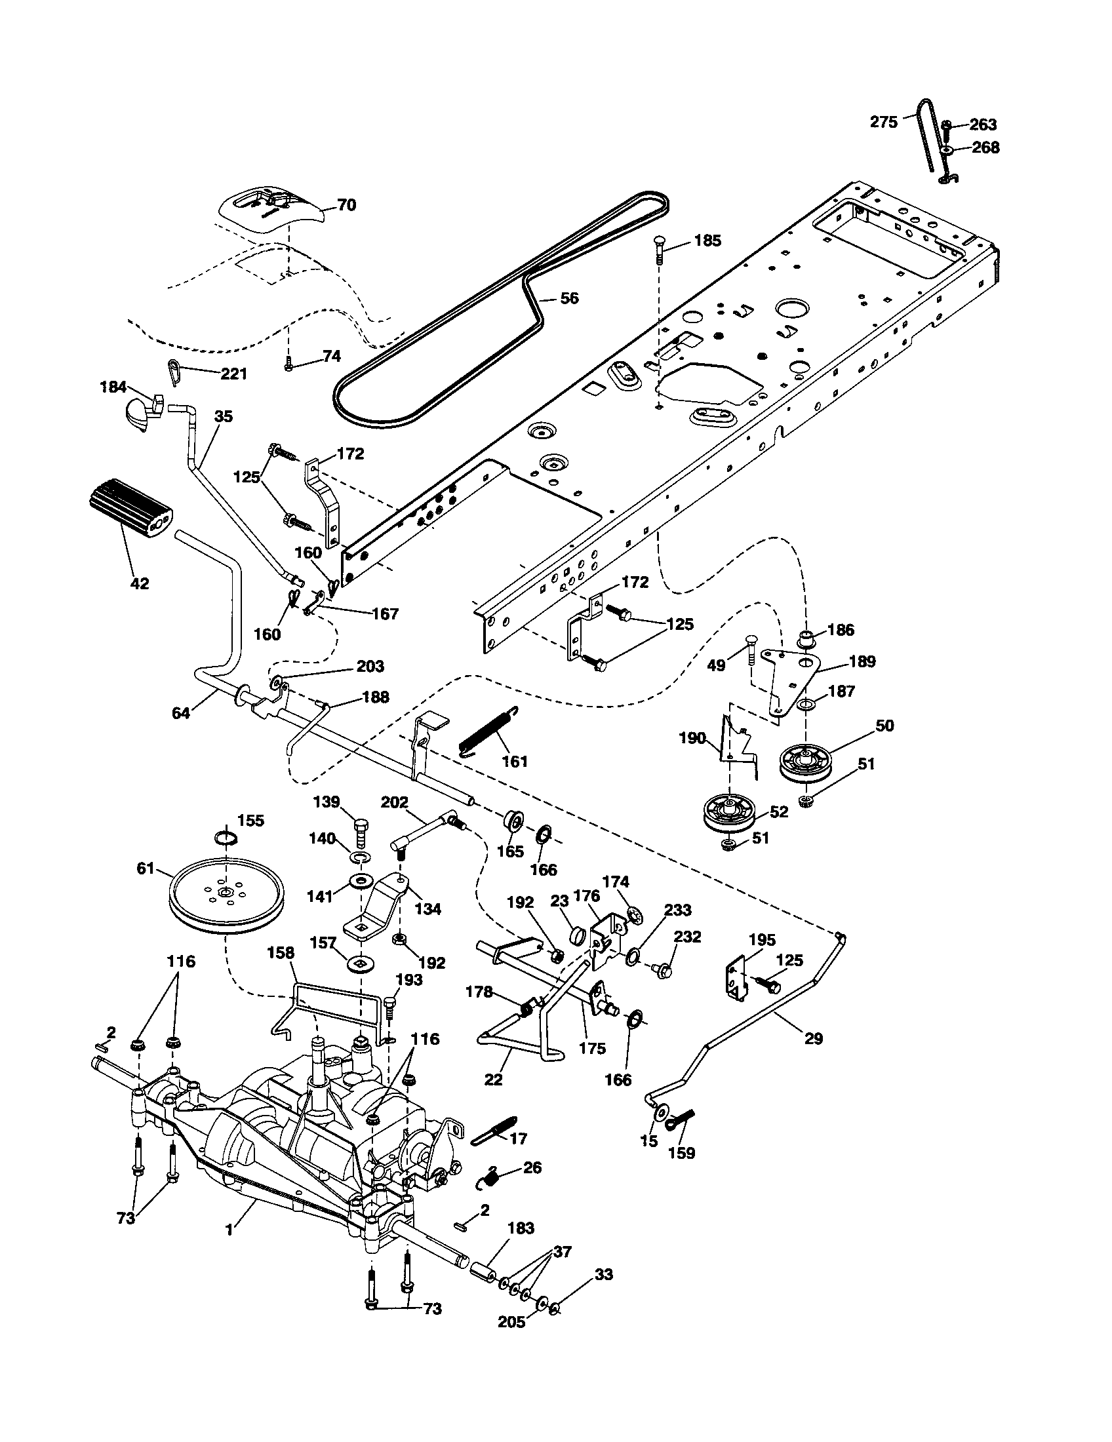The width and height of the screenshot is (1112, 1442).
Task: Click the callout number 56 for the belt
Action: (568, 298)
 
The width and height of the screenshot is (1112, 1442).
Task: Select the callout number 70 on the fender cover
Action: (346, 205)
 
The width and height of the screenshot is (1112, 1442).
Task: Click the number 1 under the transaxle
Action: (228, 1230)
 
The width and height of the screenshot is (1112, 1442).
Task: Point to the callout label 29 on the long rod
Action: (814, 1039)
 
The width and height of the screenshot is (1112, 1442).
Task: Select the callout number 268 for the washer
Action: (986, 147)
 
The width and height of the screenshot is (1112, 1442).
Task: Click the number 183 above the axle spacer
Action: (521, 1228)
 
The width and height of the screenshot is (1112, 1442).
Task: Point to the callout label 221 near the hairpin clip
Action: (233, 374)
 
